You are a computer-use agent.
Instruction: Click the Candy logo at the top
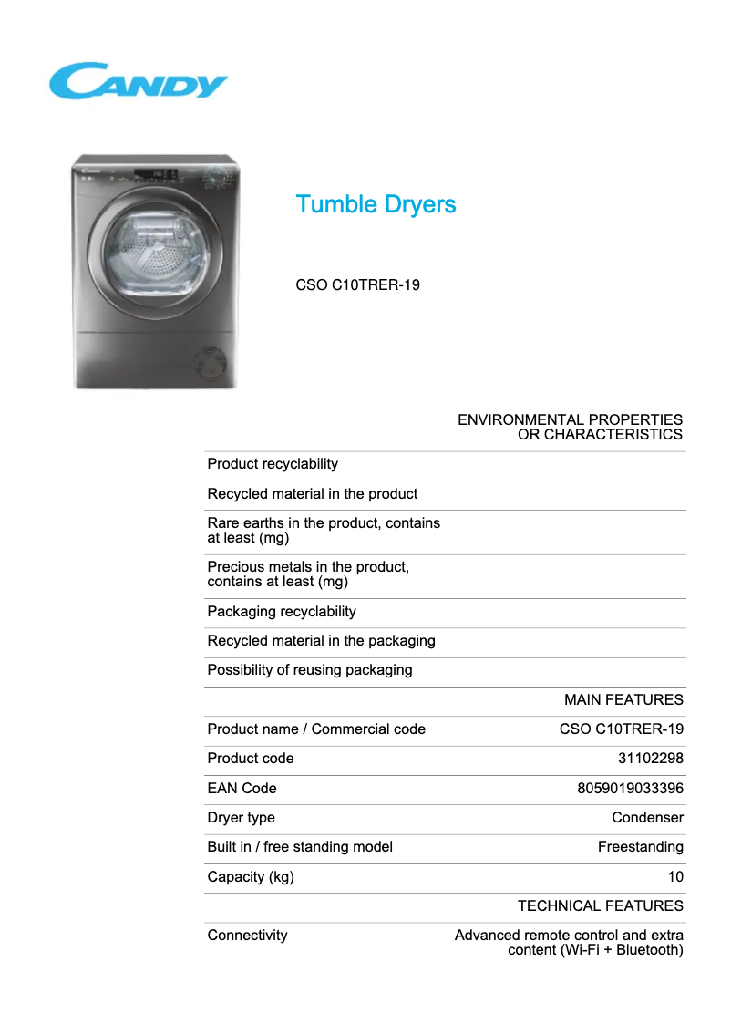pos(138,81)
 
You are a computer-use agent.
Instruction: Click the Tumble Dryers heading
pos(376,204)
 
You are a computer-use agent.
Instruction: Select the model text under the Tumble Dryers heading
pos(357,285)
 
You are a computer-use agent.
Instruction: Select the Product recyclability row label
pos(273,464)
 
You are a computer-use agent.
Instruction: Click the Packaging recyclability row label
pos(282,612)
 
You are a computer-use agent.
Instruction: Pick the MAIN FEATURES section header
pos(623,700)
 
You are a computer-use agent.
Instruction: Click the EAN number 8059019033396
pos(630,789)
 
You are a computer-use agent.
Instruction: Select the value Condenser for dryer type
pos(647,818)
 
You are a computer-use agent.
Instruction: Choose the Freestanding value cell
pos(640,847)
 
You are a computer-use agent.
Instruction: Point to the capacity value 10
pos(674,877)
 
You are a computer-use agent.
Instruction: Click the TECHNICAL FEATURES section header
pos(600,906)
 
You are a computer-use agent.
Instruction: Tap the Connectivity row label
pos(247,936)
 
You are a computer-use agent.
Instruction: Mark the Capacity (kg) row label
pos(251,877)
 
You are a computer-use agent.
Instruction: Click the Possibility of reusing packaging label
pos(310,670)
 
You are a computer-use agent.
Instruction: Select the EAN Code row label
pos(242,789)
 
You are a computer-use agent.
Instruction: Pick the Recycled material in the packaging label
pos(321,641)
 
